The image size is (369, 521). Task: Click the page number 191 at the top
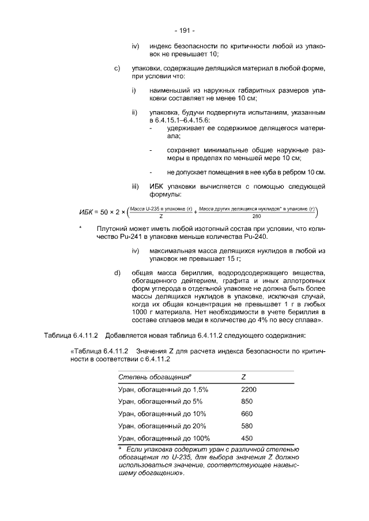point(184,30)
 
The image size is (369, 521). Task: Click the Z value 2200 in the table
point(248,390)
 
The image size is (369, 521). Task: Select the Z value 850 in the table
point(246,402)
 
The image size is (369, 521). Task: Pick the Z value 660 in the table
point(246,414)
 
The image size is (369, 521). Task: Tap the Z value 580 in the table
point(246,426)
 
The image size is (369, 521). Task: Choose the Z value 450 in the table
point(246,438)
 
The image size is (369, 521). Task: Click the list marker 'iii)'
point(135,187)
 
